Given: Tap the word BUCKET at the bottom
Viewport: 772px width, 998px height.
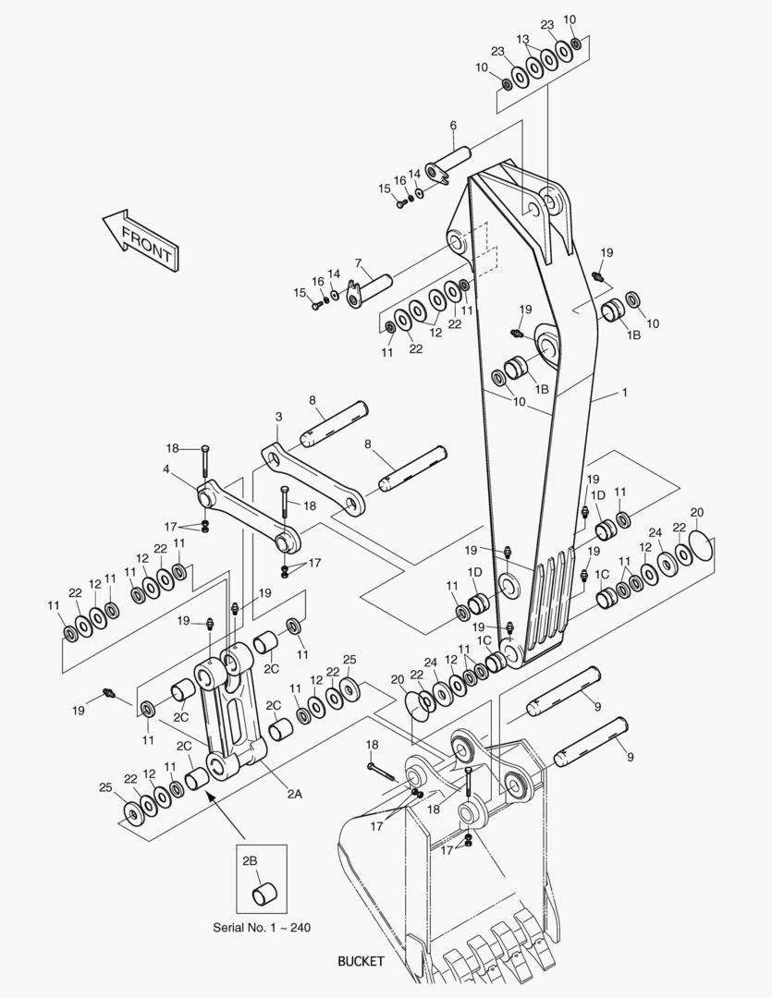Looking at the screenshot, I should [x=361, y=961].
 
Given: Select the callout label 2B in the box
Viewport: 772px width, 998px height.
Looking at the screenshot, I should [x=250, y=860].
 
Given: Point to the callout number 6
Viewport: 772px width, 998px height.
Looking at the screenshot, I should [x=453, y=125].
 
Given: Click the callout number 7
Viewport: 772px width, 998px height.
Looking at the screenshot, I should [x=358, y=263].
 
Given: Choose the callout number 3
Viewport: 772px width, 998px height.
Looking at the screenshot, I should [x=278, y=418].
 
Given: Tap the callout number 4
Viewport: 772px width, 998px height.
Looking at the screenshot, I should [x=165, y=469].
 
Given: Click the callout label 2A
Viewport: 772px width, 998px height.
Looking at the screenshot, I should [x=294, y=793].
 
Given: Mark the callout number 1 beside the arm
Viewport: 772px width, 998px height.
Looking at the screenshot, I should [x=624, y=393].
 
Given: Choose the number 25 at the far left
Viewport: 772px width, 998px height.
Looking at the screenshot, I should [x=105, y=786].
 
